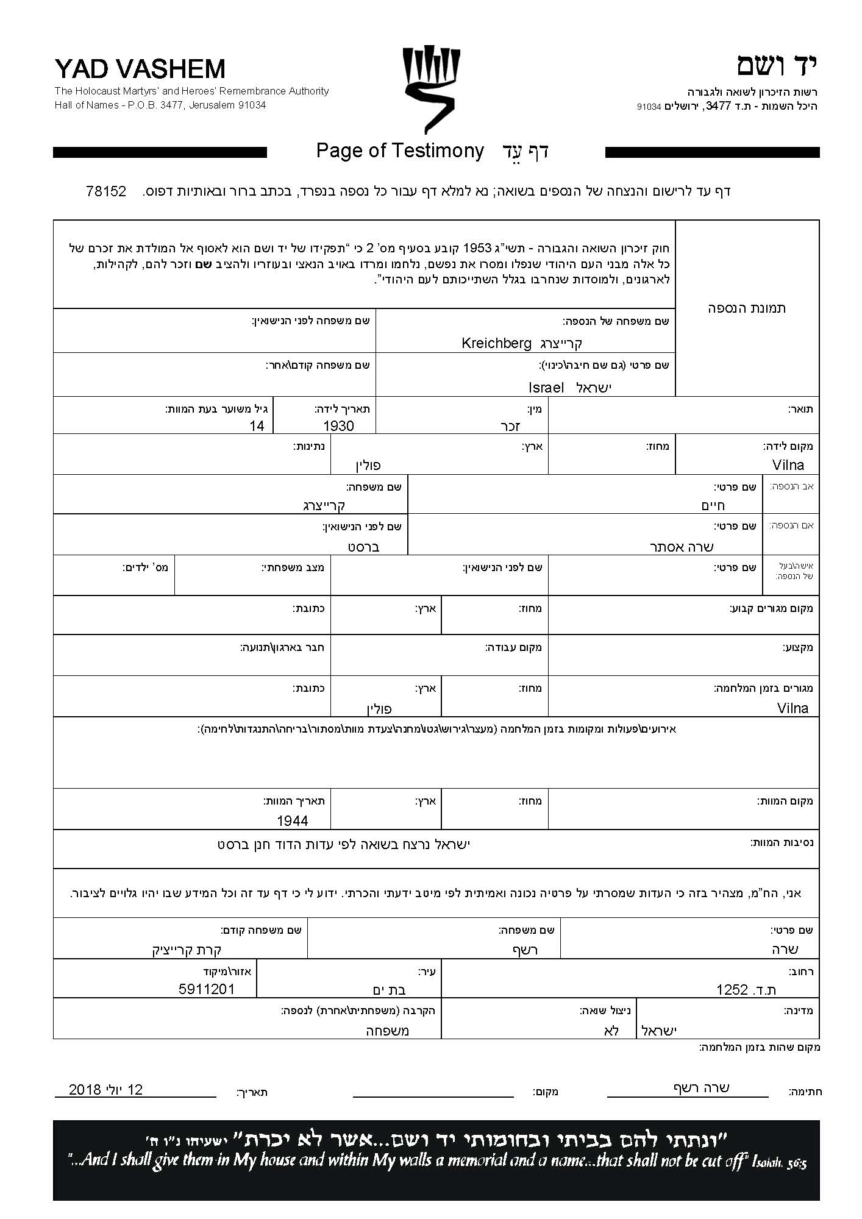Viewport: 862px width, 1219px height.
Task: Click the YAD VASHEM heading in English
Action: [140, 69]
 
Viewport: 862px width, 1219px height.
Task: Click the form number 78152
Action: [106, 191]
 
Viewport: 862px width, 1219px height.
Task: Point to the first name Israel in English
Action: [546, 388]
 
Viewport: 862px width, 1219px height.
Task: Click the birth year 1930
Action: [338, 426]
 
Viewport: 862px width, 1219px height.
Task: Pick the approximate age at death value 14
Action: [257, 426]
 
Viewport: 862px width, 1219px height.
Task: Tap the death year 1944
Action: [292, 821]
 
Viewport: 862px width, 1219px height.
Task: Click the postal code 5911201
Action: [207, 989]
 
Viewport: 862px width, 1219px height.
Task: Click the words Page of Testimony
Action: [400, 151]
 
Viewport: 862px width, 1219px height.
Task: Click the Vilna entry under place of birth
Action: [788, 466]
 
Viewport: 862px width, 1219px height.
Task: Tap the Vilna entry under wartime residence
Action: [793, 708]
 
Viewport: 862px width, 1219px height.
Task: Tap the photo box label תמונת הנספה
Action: [747, 308]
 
